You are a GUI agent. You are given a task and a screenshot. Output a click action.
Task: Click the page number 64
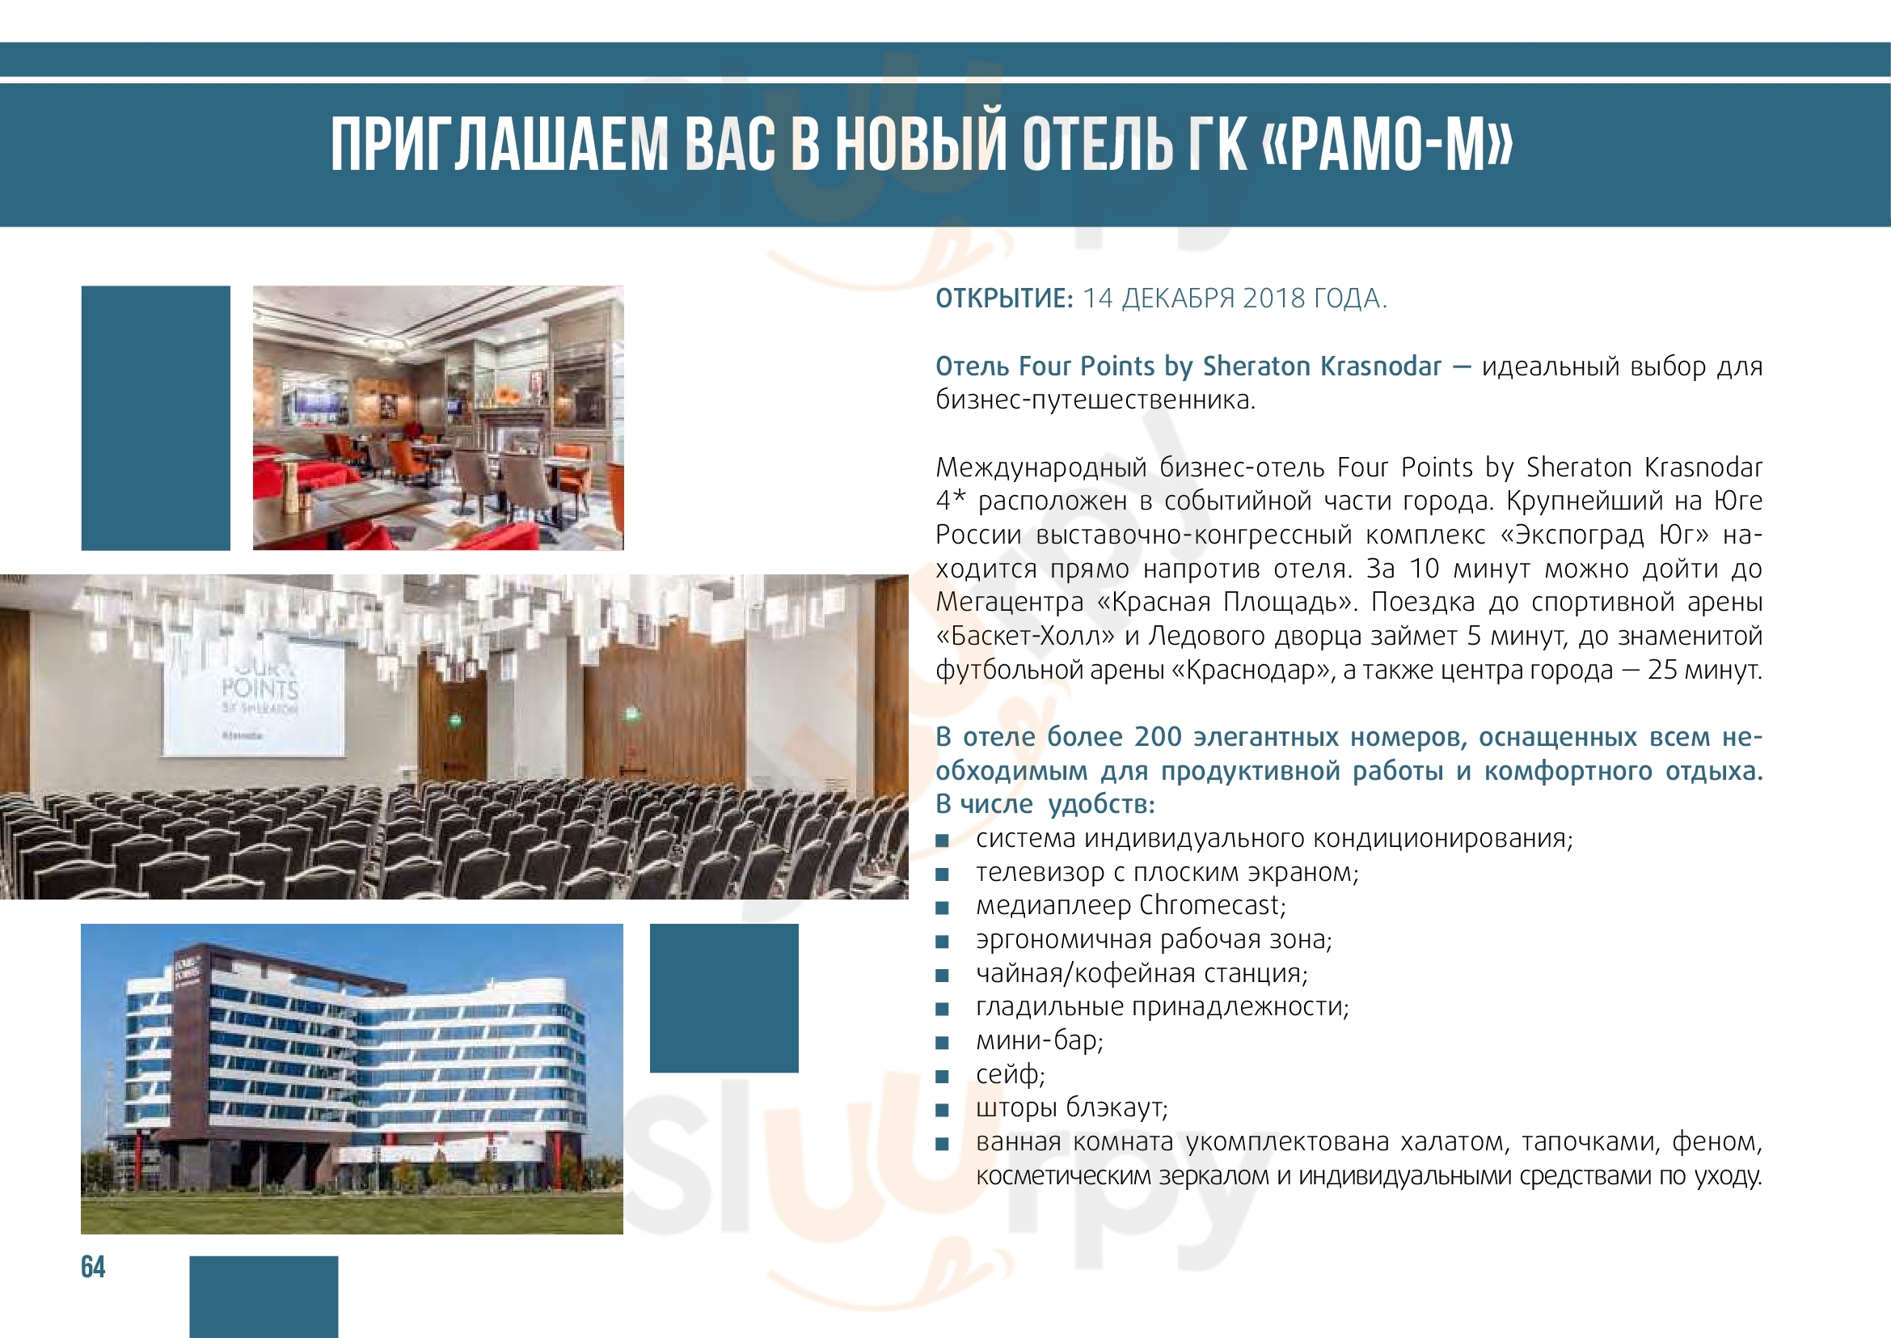(93, 1266)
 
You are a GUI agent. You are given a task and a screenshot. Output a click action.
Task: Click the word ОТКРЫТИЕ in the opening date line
(1004, 299)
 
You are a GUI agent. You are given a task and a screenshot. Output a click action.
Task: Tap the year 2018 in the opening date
(1274, 299)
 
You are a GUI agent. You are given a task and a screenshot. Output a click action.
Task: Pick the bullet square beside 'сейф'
(942, 1077)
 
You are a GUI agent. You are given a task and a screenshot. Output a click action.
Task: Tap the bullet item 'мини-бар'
(1040, 1040)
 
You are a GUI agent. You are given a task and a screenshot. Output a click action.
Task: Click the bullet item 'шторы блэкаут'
(1071, 1108)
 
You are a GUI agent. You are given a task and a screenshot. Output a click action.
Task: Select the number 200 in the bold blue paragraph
(1157, 737)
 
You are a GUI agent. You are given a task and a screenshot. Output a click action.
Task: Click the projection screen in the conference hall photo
(254, 693)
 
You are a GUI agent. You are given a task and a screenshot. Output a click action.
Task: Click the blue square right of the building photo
(724, 997)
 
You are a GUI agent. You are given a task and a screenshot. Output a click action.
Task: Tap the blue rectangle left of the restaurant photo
(156, 417)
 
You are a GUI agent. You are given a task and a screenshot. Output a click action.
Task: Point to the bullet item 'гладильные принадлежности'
(1162, 1007)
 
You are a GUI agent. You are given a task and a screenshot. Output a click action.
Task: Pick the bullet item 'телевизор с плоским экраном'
(1167, 872)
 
